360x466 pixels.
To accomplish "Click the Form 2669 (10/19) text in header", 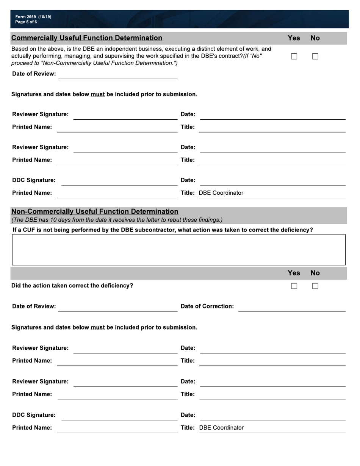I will [x=33, y=17].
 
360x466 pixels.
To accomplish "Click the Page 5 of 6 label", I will [x=26, y=22].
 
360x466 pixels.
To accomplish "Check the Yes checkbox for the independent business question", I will [x=294, y=56].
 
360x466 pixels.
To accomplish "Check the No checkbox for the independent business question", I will [x=315, y=56].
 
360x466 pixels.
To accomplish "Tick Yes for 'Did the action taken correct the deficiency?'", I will [x=294, y=286].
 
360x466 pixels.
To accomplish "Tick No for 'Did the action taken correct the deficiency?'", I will [x=315, y=286].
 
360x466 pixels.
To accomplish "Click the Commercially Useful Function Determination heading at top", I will [x=87, y=38].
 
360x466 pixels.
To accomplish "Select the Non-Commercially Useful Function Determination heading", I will [x=95, y=211].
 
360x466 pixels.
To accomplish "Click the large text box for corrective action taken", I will [x=178, y=250].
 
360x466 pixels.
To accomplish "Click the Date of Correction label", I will [x=207, y=306].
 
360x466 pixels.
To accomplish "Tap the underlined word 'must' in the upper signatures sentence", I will [x=98, y=94].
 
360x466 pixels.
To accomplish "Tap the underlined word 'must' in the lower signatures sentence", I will [x=98, y=327].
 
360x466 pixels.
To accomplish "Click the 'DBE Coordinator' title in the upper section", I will [x=221, y=193].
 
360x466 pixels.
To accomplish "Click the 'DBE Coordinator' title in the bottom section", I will [x=221, y=428].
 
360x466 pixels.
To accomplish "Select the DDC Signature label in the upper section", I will [x=34, y=180].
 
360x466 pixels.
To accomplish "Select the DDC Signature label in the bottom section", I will [x=34, y=415].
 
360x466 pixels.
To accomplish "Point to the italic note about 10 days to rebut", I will [x=117, y=220].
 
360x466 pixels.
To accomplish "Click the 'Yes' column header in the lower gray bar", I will [x=294, y=273].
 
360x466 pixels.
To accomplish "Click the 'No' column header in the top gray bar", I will [x=315, y=38].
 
